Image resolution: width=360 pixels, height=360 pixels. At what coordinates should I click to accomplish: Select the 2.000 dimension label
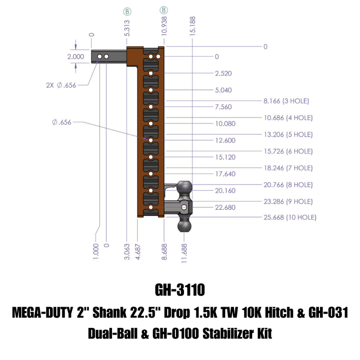click(x=76, y=57)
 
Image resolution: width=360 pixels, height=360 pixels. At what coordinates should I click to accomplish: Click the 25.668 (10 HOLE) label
click(x=290, y=217)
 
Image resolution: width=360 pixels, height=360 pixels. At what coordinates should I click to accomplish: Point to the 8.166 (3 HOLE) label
click(x=286, y=101)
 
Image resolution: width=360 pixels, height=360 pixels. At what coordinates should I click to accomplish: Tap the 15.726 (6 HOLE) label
click(x=288, y=151)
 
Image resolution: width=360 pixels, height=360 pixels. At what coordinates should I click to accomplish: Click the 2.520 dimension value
click(x=224, y=73)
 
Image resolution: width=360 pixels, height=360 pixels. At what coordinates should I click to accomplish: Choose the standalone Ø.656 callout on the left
click(x=62, y=122)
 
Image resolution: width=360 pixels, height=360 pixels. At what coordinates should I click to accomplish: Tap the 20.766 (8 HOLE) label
click(x=288, y=184)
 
